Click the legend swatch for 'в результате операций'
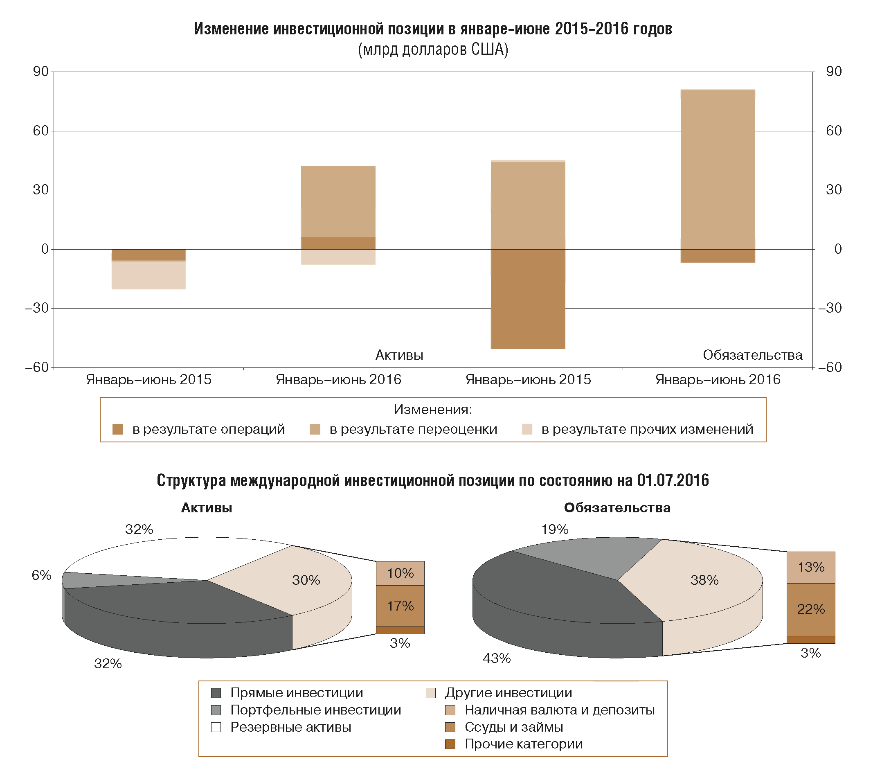tap(117, 429)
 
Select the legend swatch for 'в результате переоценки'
tap(315, 429)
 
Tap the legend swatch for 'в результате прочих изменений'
tap(527, 429)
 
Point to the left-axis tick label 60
tap(40, 131)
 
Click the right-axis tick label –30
tap(829, 308)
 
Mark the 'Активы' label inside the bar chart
tap(399, 355)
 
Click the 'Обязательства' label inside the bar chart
tap(752, 355)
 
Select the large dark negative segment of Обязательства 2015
tap(528, 299)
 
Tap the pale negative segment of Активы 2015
tap(148, 275)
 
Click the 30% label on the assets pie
tap(306, 580)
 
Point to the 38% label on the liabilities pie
tap(704, 580)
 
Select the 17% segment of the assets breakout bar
tap(400, 606)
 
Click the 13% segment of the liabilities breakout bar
tap(811, 567)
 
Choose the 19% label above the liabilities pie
tap(555, 530)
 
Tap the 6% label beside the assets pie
tap(41, 575)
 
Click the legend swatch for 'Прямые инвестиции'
tap(216, 693)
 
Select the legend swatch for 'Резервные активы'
tap(216, 727)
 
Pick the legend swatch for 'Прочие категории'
tap(450, 744)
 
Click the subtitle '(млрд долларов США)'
tap(433, 50)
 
